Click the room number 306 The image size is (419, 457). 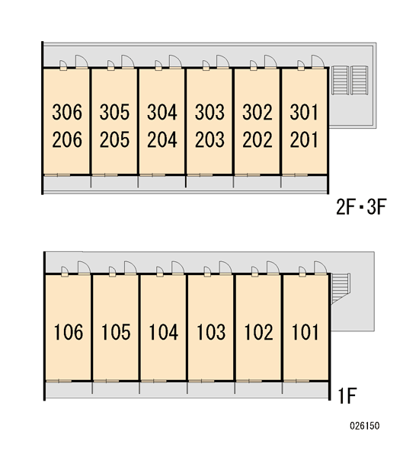pos(67,112)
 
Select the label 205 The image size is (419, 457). pos(114,139)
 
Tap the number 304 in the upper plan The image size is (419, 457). pos(162,112)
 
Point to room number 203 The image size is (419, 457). pos(210,139)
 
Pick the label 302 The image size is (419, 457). pos(257,112)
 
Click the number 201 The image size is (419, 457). pos(304,139)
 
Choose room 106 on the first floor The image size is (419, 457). pos(69,332)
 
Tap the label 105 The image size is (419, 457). pos(116,332)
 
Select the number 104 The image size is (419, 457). pos(164,332)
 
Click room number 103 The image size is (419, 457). pos(211,332)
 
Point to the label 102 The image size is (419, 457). pos(259,332)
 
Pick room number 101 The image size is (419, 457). pos(305,332)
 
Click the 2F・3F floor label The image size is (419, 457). pos(361,206)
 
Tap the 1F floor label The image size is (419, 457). pos(347,395)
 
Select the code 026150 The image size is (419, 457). pos(365,426)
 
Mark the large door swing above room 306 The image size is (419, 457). pos(82,62)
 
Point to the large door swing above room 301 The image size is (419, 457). pos(318,62)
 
